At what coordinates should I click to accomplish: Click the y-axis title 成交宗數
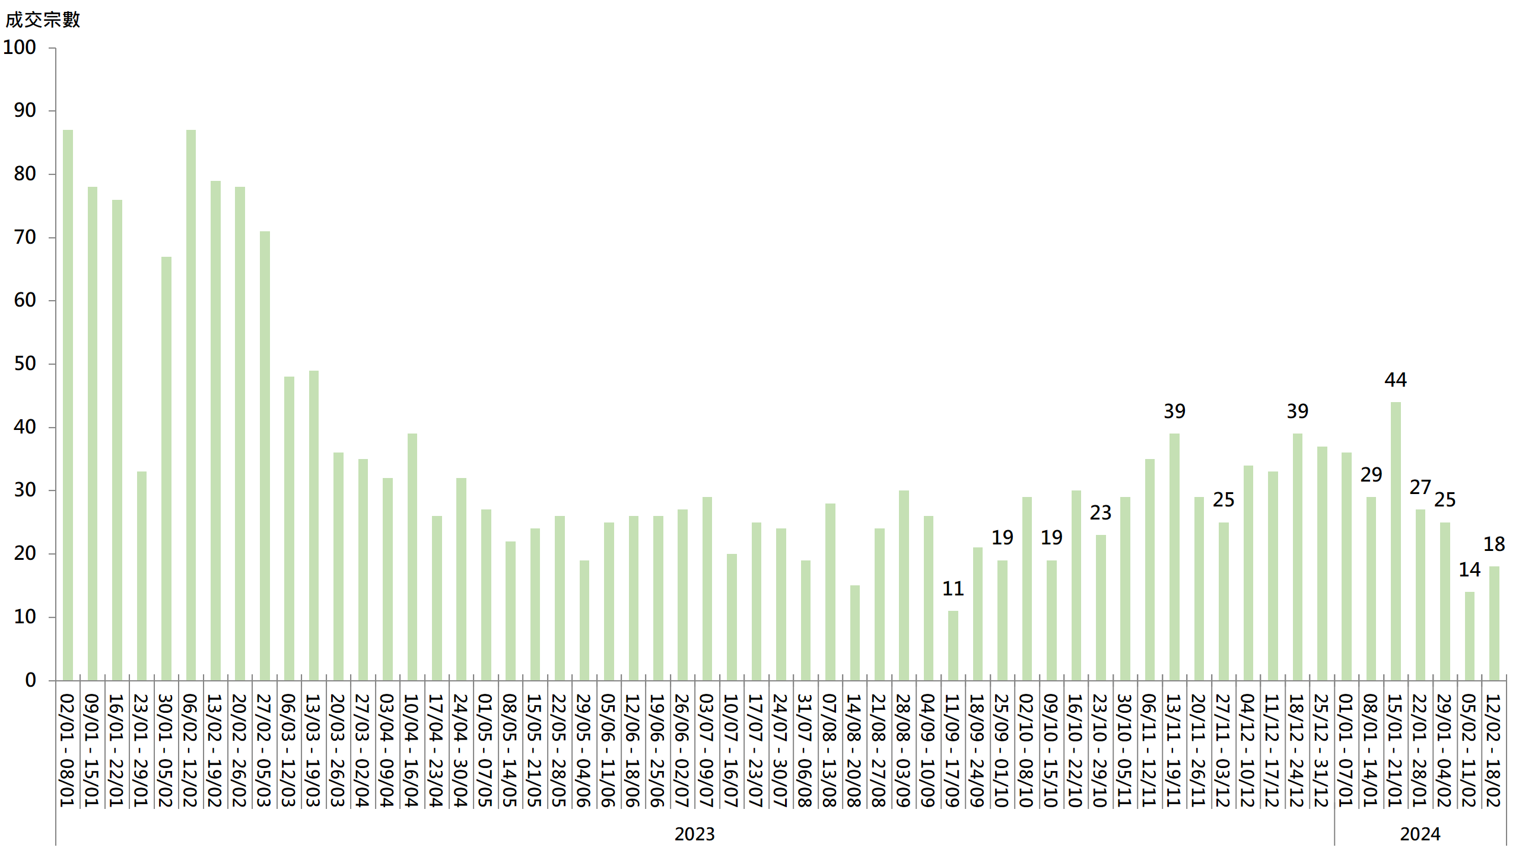pos(43,20)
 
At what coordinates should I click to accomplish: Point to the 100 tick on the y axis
pos(20,47)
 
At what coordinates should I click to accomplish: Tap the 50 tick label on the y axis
pos(25,364)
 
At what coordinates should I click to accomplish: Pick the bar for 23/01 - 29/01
pos(142,575)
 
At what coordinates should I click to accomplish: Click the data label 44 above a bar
pos(1396,380)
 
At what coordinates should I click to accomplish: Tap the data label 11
pos(953,588)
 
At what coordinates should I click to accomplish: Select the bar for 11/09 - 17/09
pos(953,645)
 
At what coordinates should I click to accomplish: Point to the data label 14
pos(1469,569)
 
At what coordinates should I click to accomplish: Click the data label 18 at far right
pos(1494,544)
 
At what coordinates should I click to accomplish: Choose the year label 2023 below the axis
pos(694,834)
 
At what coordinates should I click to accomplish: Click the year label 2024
pos(1420,834)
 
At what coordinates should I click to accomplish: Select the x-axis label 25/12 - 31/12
pos(1322,750)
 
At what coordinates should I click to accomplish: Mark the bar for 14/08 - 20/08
pos(854,633)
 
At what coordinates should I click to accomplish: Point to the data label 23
pos(1101,512)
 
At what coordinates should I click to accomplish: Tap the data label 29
pos(1371,474)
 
